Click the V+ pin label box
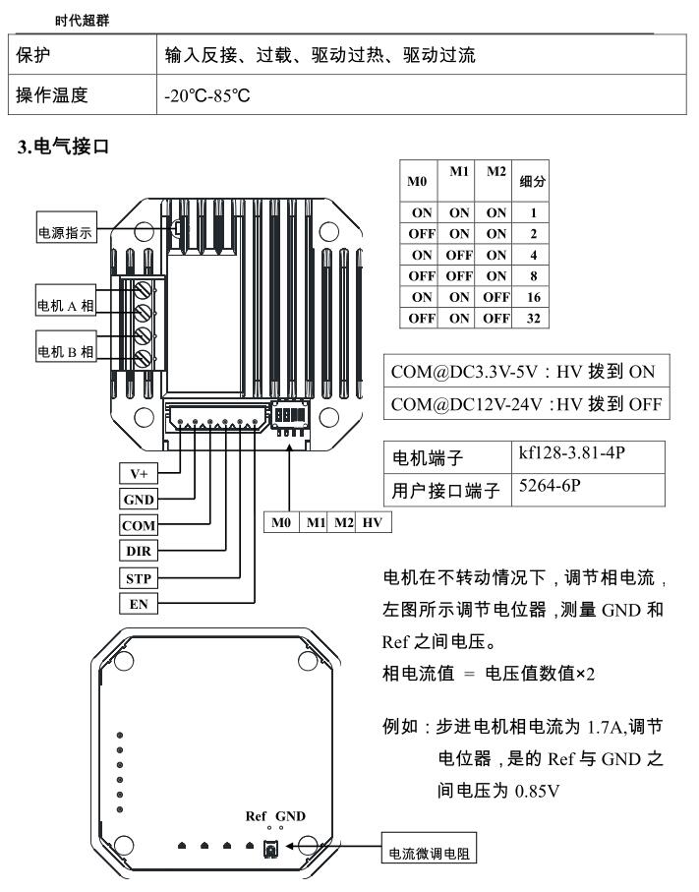[137, 474]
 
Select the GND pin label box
[137, 500]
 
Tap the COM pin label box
[137, 526]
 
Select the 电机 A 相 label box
[66, 305]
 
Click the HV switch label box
[372, 521]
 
